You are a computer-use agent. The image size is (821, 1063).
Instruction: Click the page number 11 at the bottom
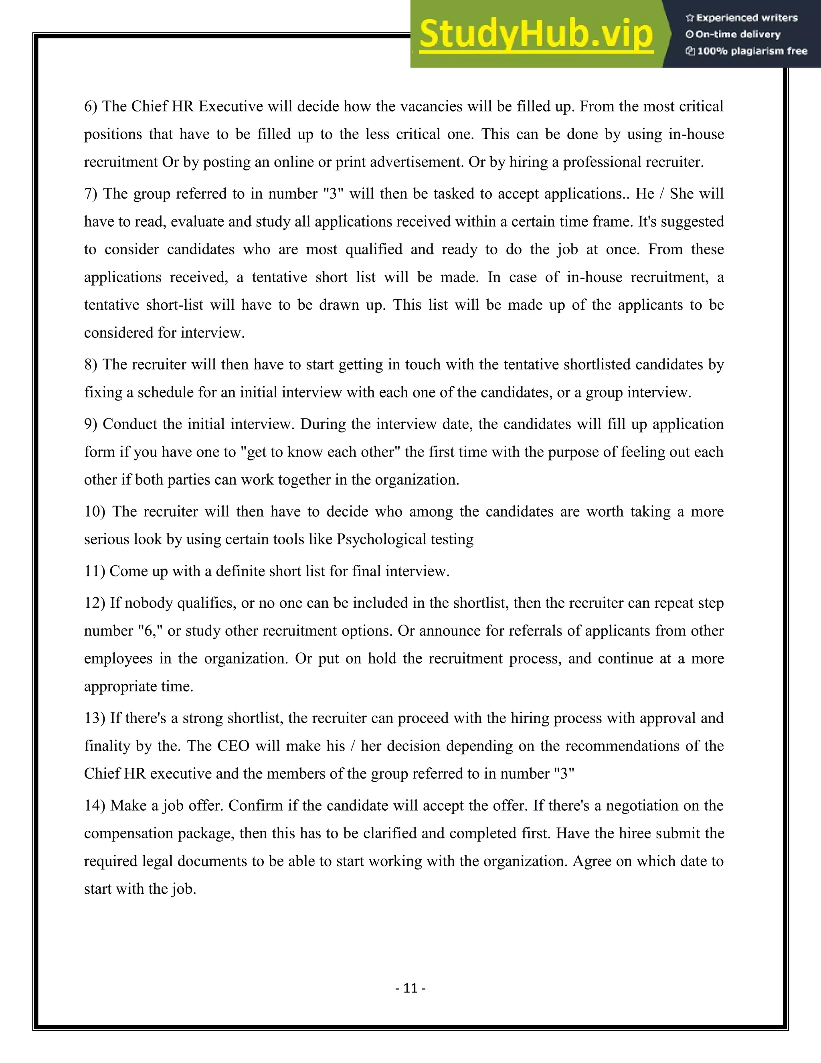coord(410,988)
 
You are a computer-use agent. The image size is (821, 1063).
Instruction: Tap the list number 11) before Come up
coord(94,571)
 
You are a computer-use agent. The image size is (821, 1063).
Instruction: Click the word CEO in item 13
coord(233,746)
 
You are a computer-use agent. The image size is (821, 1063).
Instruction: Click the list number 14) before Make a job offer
coord(94,805)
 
